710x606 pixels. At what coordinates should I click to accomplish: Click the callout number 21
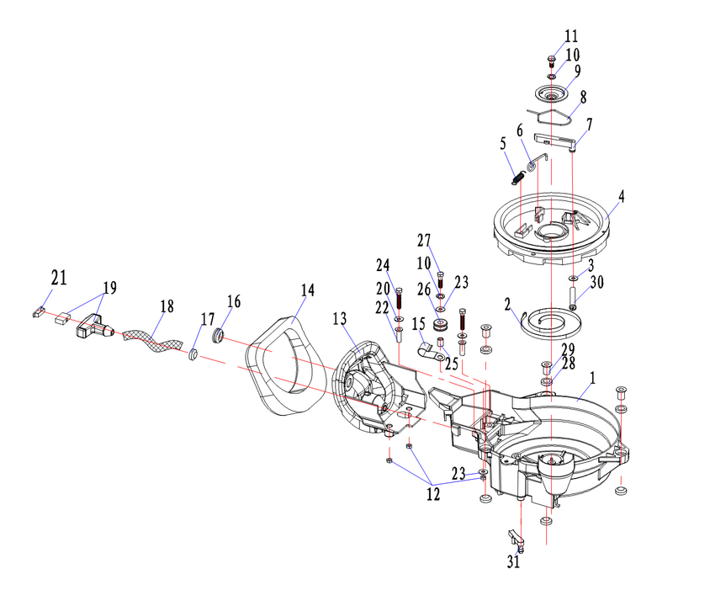[59, 278]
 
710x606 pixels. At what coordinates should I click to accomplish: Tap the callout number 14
[307, 290]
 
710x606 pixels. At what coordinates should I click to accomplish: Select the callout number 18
[167, 306]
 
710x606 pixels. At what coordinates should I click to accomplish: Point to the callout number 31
[513, 562]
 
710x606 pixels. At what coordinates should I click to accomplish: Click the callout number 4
[622, 197]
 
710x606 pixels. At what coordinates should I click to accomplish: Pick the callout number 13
[340, 319]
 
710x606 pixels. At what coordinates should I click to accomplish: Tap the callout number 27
[424, 241]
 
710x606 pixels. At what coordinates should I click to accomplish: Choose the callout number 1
[592, 378]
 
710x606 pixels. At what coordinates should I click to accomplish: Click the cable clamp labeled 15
[427, 352]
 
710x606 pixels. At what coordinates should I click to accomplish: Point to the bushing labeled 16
[218, 337]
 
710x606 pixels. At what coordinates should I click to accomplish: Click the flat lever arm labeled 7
[556, 141]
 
